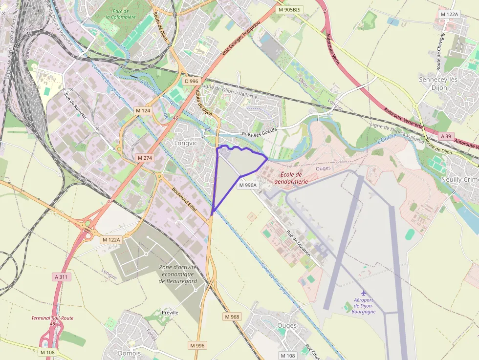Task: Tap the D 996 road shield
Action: tap(192, 81)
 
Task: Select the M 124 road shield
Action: tap(143, 111)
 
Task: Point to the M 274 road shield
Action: tap(145, 158)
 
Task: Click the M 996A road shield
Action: tap(248, 185)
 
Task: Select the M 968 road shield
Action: tap(232, 317)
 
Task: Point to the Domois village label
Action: tap(130, 353)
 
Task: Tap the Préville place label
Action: tap(170, 312)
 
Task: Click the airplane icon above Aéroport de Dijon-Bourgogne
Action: tap(363, 293)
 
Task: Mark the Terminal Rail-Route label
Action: tap(52, 318)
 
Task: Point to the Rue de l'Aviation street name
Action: tap(298, 243)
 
